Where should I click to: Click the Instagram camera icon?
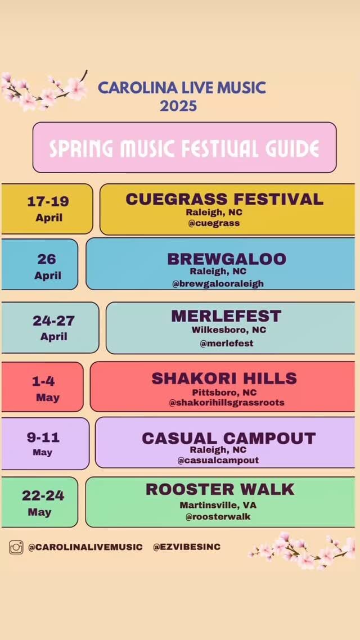[x=16, y=547]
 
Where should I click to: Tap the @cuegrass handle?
[x=214, y=223]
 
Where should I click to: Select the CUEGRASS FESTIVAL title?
[x=224, y=199]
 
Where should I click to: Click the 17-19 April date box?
[x=47, y=209]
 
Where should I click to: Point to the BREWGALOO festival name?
[x=227, y=259]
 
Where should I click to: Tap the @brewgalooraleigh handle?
[x=218, y=283]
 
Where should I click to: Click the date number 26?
[x=47, y=259]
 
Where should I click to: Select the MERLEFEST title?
[x=226, y=316]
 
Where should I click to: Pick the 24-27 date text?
[x=53, y=321]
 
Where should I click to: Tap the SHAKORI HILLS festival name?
[x=224, y=378]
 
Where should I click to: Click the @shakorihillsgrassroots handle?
[x=227, y=403]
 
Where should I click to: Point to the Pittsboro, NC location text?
[x=224, y=392]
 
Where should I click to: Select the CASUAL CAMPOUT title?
[x=228, y=438]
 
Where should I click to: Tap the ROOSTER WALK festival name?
[x=220, y=489]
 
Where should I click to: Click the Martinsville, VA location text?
[x=218, y=505]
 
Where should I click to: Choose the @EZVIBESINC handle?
[x=187, y=547]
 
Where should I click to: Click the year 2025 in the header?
[x=178, y=106]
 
